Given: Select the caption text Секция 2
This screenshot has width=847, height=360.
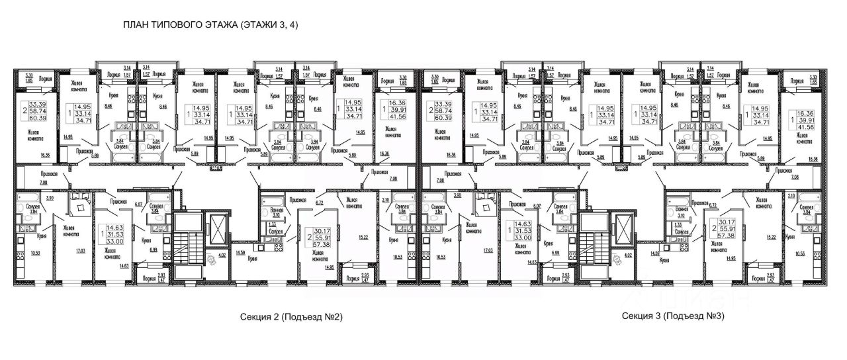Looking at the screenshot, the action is (x=259, y=317).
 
